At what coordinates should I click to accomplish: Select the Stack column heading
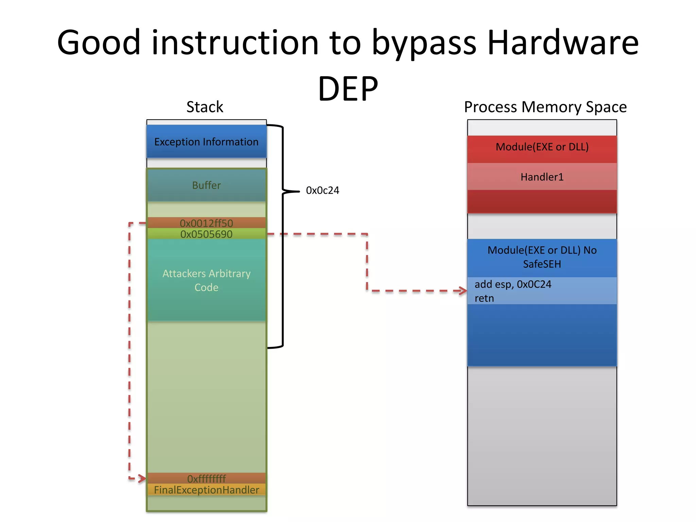pyautogui.click(x=205, y=107)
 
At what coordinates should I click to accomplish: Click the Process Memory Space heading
pyautogui.click(x=545, y=107)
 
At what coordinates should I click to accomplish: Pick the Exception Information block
pyautogui.click(x=206, y=142)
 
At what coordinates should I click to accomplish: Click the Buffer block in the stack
pyautogui.click(x=206, y=185)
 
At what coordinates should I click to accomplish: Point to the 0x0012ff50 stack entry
pyautogui.click(x=206, y=223)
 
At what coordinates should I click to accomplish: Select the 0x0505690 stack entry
pyautogui.click(x=206, y=234)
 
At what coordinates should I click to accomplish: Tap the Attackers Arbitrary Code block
pyautogui.click(x=206, y=280)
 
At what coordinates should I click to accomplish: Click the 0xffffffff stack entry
pyautogui.click(x=206, y=478)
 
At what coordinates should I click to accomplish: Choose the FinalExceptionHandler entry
pyautogui.click(x=206, y=490)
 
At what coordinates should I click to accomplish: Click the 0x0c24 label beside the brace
pyautogui.click(x=322, y=190)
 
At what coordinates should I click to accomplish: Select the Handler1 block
pyautogui.click(x=542, y=177)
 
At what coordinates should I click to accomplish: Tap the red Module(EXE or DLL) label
pyautogui.click(x=542, y=147)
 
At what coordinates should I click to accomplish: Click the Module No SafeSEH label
pyautogui.click(x=542, y=257)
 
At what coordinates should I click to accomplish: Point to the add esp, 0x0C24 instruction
pyautogui.click(x=513, y=284)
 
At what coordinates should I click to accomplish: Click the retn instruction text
pyautogui.click(x=484, y=298)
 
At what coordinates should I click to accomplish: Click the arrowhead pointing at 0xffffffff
pyautogui.click(x=142, y=478)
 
